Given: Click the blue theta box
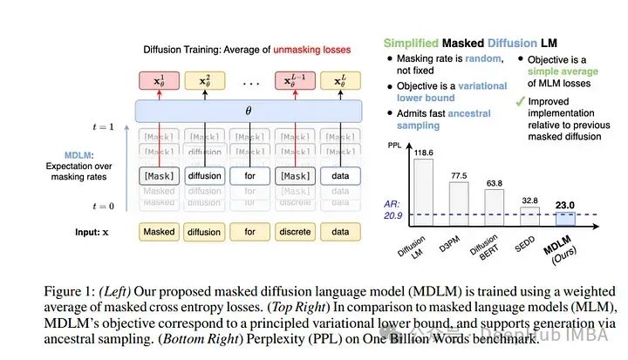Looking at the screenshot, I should pos(249,111).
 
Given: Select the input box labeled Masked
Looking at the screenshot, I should pos(159,232).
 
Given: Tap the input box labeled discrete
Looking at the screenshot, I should pos(295,232).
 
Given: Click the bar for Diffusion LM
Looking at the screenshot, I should pos(423,191).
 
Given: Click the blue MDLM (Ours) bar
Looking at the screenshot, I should pos(565,219).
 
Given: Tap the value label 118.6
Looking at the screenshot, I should pos(423,152).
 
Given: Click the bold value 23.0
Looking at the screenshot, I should pos(565,207).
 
